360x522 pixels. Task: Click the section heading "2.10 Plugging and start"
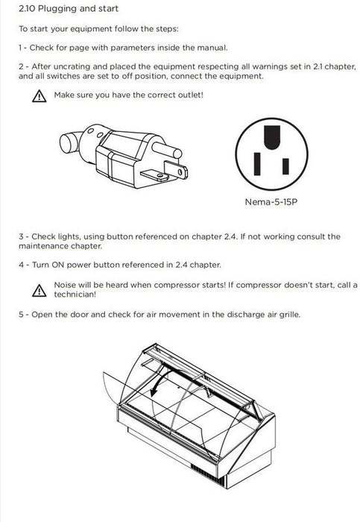pos(69,8)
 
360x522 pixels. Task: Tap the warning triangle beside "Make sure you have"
pos(40,96)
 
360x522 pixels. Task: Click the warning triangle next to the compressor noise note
pos(40,290)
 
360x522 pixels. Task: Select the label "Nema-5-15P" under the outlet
pos(271,202)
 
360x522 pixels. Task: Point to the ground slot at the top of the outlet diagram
pos(272,137)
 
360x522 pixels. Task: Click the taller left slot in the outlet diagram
pos(257,164)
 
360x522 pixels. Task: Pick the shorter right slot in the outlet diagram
pos(285,166)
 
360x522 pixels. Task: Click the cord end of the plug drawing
pos(70,142)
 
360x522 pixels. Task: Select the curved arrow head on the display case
pos(154,391)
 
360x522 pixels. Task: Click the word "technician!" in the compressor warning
pos(75,295)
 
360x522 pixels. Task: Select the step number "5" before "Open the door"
pos(21,315)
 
